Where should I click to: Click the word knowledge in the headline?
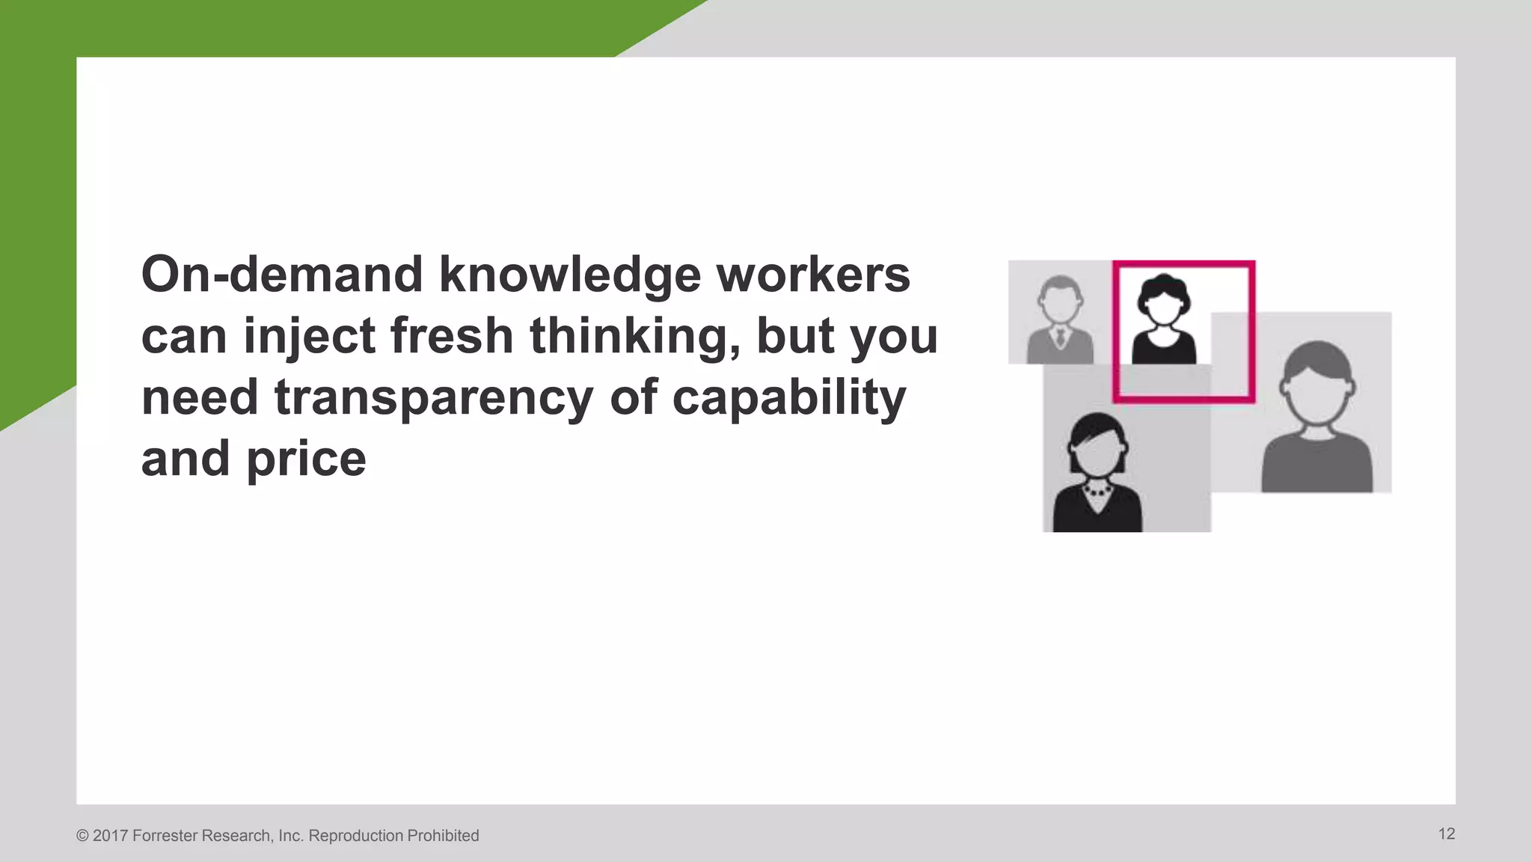(570, 275)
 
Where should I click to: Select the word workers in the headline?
(813, 275)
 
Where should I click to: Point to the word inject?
(309, 337)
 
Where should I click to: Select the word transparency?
(434, 398)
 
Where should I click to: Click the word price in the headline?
(306, 459)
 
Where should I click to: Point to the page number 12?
(1446, 834)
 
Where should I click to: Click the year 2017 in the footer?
(110, 836)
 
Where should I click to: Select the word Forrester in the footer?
(165, 836)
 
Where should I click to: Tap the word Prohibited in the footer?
(442, 836)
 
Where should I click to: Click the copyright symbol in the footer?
(82, 836)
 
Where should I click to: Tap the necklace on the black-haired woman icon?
(1097, 492)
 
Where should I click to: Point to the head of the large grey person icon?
(1317, 383)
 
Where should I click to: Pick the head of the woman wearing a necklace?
(1097, 445)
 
